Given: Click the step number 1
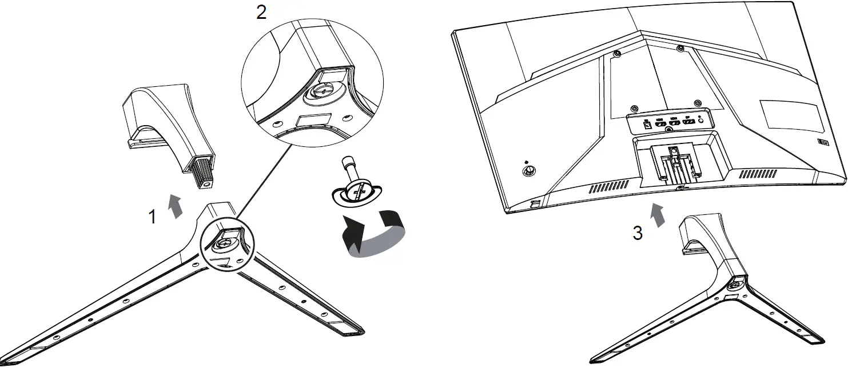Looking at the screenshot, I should [152, 217].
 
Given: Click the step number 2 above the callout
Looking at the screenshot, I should [261, 13].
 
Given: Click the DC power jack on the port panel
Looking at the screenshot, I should [647, 123].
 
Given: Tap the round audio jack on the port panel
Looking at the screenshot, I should [701, 120].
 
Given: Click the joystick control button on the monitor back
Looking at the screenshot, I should [528, 170].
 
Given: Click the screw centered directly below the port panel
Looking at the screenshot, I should [670, 130].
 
